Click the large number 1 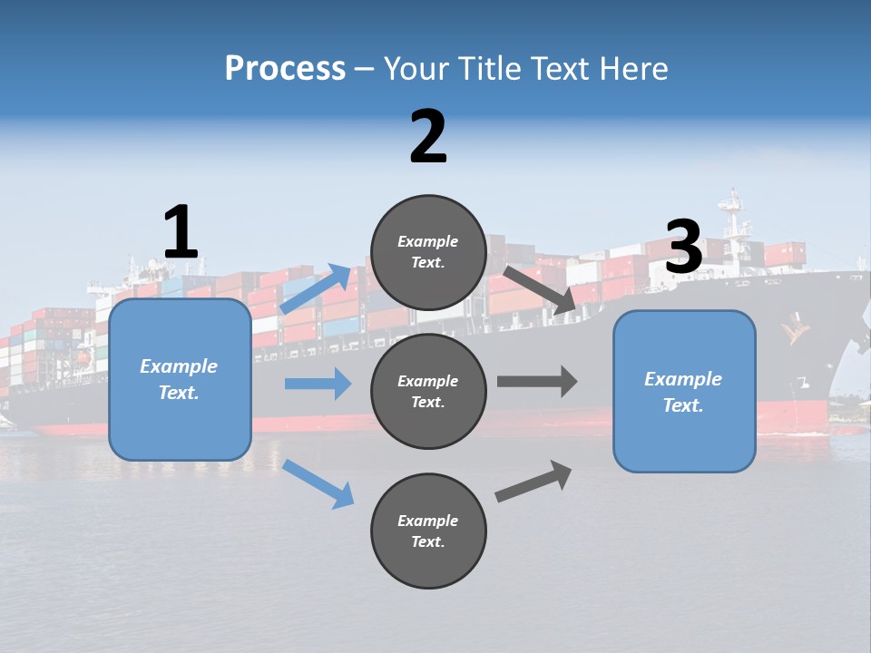(181, 232)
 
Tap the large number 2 (428, 137)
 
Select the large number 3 (684, 247)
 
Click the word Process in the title (285, 68)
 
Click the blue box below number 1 (180, 379)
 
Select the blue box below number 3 (684, 391)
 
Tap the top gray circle (428, 252)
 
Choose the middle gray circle (428, 391)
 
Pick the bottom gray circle (428, 531)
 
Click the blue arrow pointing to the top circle (316, 289)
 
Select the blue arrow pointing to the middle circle (318, 384)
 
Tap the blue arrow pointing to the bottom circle (318, 483)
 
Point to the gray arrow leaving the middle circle (537, 381)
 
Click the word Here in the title (632, 68)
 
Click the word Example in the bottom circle (428, 521)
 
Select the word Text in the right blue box (682, 405)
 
